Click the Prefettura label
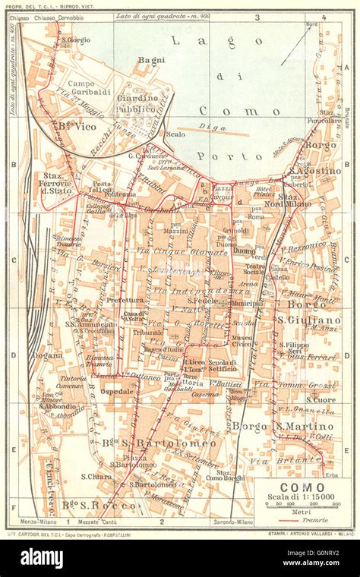click(x=125, y=300)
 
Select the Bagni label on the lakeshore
click(x=151, y=59)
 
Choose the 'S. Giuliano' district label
click(x=308, y=320)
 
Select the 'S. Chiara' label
click(x=96, y=477)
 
